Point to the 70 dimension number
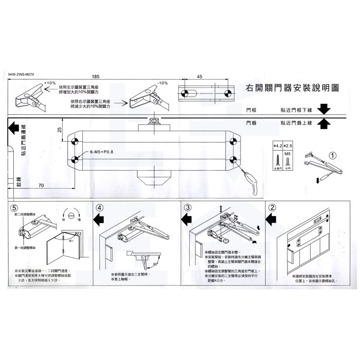41,184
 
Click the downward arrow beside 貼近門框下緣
323,110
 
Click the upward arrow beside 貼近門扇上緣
323,123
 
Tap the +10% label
50,83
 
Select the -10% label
162,83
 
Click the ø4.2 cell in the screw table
277,147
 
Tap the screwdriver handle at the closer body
251,178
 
